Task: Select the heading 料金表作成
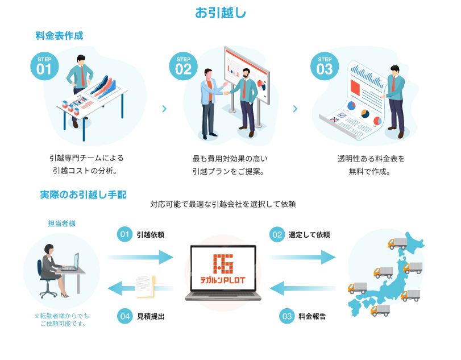pos(59,36)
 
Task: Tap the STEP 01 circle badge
pos(44,67)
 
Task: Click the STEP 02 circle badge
pos(183,67)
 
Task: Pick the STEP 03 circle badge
pos(325,67)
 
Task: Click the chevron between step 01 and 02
pos(164,108)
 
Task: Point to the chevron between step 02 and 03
pos(295,108)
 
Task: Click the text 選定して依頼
pos(309,234)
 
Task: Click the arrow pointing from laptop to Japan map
pos(302,257)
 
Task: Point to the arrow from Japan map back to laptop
pos(302,289)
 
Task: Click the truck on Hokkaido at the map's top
pos(397,243)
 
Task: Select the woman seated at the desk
pos(49,267)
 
